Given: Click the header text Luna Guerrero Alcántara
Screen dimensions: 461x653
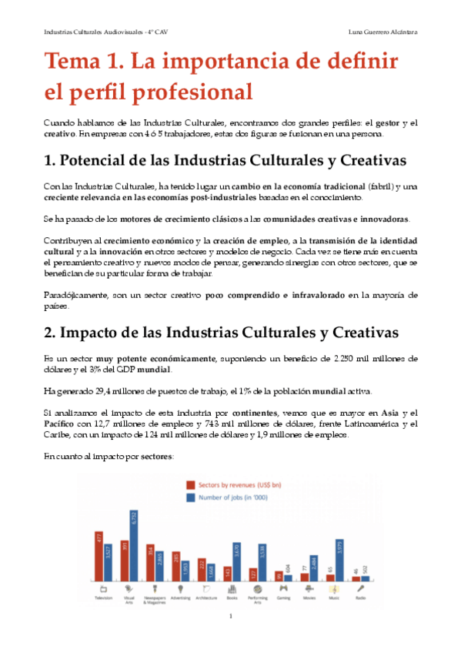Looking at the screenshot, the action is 382,32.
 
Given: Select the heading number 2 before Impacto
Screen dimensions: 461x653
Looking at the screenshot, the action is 51,334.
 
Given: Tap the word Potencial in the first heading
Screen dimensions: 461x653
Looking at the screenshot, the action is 102,162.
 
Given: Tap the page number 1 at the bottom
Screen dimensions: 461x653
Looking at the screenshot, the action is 231,617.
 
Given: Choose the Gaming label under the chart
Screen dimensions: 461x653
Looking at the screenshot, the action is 282,597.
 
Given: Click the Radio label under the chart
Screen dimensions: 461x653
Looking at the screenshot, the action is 361,597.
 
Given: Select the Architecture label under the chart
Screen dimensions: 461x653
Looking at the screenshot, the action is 205,597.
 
